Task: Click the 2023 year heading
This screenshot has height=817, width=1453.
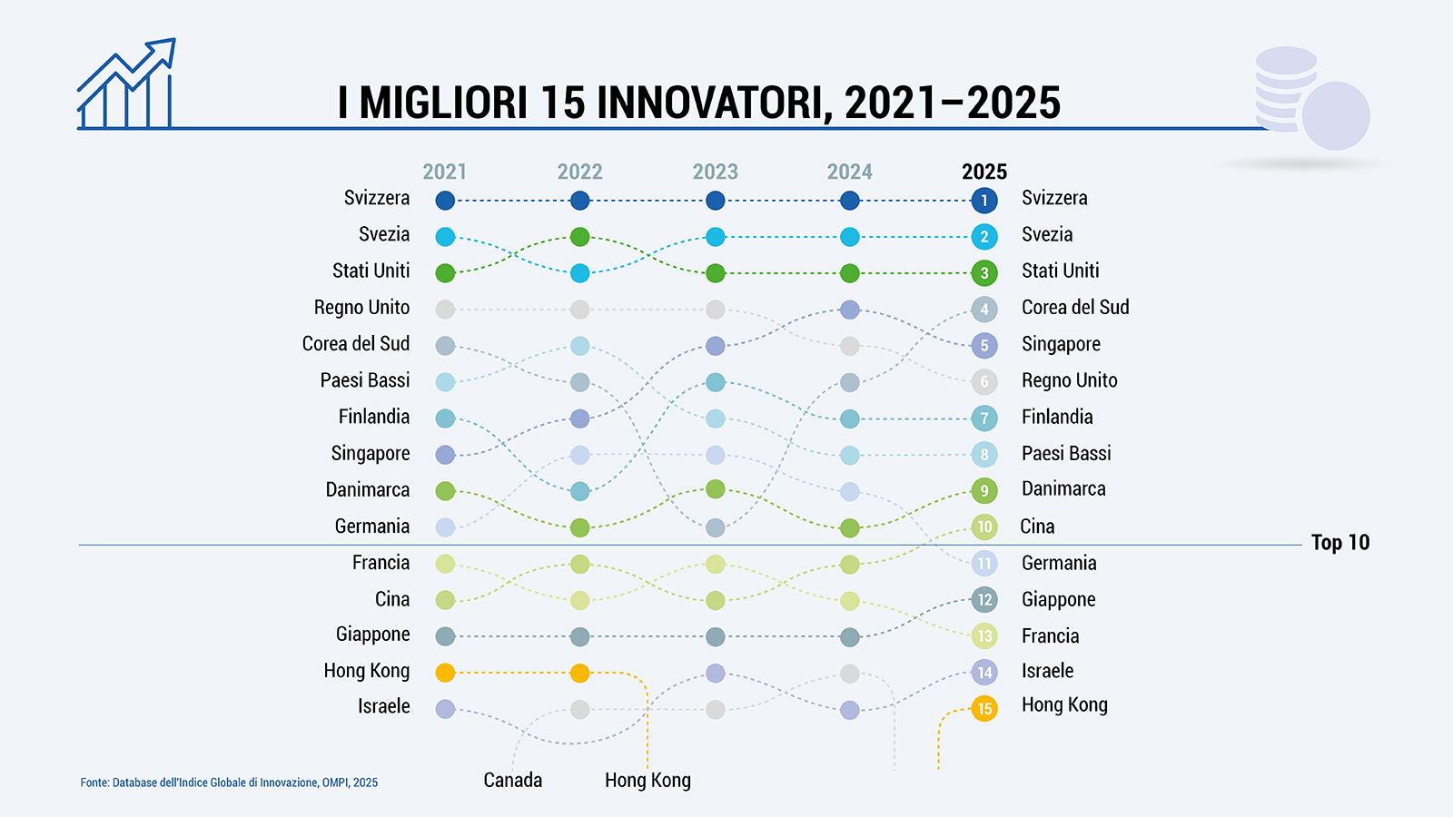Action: [715, 172]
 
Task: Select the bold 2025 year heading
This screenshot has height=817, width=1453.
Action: [984, 172]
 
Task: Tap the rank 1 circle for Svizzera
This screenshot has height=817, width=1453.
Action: [984, 201]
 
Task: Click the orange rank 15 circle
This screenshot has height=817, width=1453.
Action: [984, 709]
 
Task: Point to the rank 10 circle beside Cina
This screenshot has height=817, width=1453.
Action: [984, 527]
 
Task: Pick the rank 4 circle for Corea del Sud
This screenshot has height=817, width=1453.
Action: [984, 310]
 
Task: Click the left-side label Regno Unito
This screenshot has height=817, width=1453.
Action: [361, 308]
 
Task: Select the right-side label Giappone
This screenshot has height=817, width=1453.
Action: [1058, 599]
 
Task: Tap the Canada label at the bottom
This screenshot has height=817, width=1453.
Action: [512, 781]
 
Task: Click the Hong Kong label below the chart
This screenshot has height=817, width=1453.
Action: [647, 781]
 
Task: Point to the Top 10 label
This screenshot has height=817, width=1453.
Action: [1339, 543]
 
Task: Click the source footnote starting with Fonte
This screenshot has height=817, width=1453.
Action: [229, 783]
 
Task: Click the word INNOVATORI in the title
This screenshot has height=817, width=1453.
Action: [715, 103]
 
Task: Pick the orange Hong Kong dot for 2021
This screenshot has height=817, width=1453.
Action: [445, 673]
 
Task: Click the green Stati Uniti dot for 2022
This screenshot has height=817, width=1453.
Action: [580, 237]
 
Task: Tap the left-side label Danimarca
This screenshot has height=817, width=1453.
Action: [367, 490]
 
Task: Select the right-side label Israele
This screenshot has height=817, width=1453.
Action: [1047, 671]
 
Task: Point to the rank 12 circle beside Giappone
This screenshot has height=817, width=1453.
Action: [984, 600]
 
